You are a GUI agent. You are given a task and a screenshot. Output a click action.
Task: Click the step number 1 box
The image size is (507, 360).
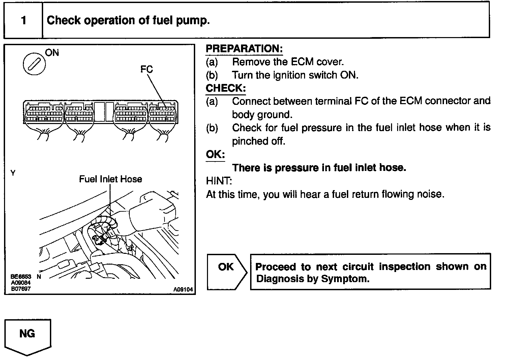[23, 20]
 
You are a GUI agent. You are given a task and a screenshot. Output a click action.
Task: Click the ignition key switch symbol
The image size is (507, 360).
[34, 64]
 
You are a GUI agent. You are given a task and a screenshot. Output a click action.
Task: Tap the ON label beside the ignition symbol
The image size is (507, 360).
[52, 53]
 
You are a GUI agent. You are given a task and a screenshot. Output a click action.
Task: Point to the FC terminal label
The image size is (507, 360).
[147, 69]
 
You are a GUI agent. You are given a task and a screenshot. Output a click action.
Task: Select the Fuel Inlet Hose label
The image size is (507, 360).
[111, 179]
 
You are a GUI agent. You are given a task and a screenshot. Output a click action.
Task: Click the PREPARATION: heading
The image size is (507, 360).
[244, 49]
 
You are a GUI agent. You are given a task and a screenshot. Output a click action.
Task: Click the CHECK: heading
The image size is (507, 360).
[226, 88]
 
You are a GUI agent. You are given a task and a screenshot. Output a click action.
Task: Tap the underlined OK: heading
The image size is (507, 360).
[215, 154]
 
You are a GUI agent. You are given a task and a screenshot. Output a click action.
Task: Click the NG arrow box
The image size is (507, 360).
[28, 336]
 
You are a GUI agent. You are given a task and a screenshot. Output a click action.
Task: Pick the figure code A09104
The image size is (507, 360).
[183, 289]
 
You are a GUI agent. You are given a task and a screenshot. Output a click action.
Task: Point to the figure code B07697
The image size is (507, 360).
[21, 289]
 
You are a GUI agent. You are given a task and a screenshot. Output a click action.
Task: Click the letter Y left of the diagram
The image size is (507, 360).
[13, 173]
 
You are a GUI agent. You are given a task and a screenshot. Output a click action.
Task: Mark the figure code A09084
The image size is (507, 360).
[21, 283]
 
